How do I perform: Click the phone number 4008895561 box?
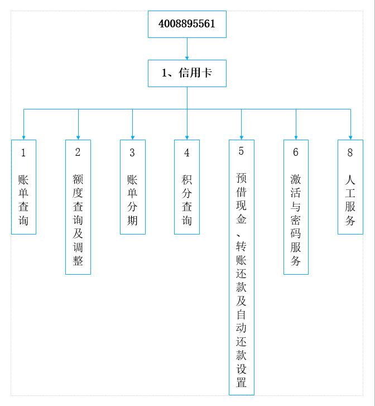coord(187,25)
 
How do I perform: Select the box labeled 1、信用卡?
coord(187,73)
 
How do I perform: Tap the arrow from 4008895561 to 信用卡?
coord(187,49)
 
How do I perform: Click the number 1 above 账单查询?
coord(23,153)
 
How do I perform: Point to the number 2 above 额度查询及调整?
coord(78,152)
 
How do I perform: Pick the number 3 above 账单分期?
coord(132,153)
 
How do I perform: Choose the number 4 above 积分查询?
coord(186,153)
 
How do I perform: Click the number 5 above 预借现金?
coord(241,151)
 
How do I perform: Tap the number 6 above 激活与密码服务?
coord(296,152)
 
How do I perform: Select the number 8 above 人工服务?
coord(350,153)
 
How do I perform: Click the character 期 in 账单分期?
coord(132,221)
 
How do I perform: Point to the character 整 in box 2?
coord(78,260)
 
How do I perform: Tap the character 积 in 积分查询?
coord(186,180)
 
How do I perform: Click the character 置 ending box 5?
coord(241,382)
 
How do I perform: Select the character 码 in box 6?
coord(296,233)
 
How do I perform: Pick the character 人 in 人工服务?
coord(350,180)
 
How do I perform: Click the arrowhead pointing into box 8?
coord(350,138)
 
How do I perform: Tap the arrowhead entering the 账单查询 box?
coord(23,138)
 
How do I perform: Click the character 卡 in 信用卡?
coord(207,73)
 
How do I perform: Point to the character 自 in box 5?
coord(241,314)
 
